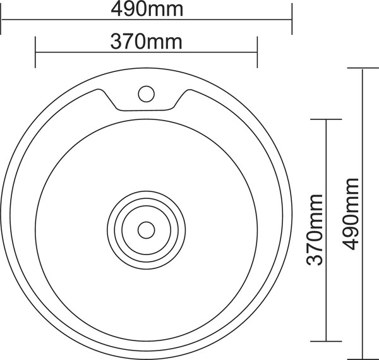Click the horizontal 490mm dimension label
pyautogui.click(x=147, y=9)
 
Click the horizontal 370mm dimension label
pyautogui.click(x=147, y=42)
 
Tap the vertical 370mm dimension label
pyautogui.click(x=315, y=229)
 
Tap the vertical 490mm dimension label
pyautogui.click(x=350, y=214)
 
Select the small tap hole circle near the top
pyautogui.click(x=147, y=93)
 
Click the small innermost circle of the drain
pyautogui.click(x=147, y=230)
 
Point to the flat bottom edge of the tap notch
pyautogui.click(x=145, y=111)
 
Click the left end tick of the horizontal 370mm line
pyautogui.click(x=35, y=52)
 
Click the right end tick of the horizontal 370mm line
pyautogui.click(x=257, y=52)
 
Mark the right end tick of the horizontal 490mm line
pyautogui.click(x=292, y=19)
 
